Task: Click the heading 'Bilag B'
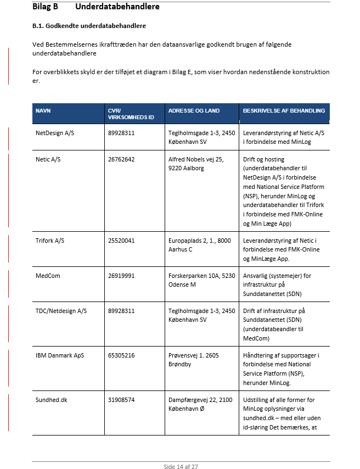[x=46, y=7]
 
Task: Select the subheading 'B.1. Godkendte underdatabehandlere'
[x=89, y=26]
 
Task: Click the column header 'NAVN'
[x=43, y=111]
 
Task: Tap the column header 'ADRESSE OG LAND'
[x=194, y=111]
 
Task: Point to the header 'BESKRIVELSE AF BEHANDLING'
[x=284, y=111]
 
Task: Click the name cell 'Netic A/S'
[x=48, y=159]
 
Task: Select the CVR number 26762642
[x=121, y=159]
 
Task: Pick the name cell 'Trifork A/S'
[x=50, y=241]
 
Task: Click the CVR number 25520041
[x=121, y=241]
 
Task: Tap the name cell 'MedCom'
[x=48, y=276]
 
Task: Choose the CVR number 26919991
[x=121, y=276]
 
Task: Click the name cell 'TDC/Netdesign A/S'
[x=61, y=311]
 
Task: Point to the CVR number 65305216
[x=121, y=355]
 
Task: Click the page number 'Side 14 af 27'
[x=181, y=466]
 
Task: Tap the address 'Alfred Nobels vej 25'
[x=196, y=159]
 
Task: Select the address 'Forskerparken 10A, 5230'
[x=201, y=276]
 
